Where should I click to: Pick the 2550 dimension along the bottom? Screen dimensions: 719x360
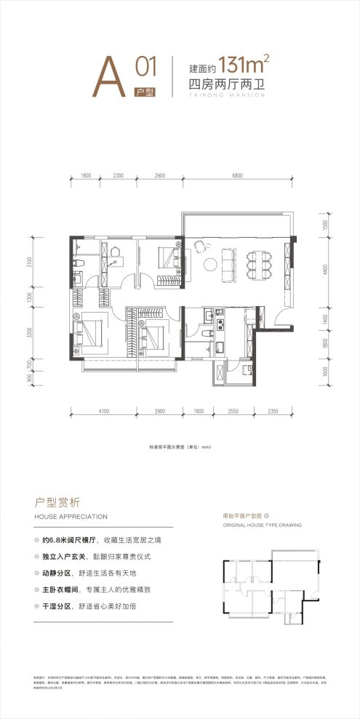pos(233,411)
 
